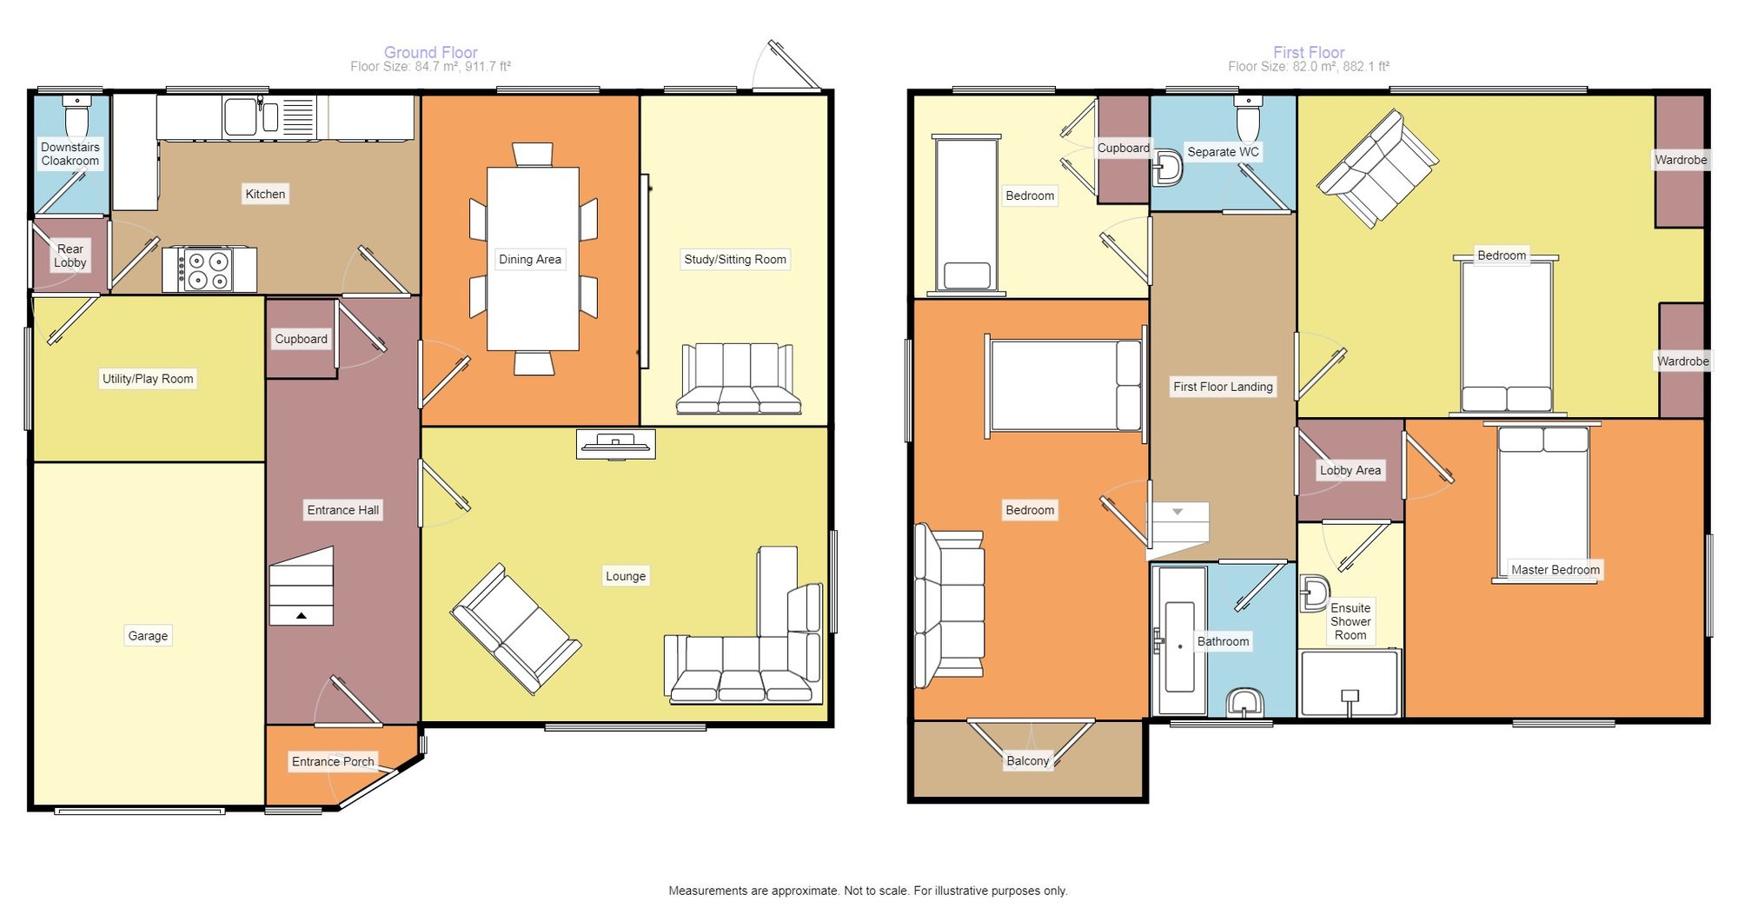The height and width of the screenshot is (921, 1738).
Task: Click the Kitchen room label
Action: point(265,194)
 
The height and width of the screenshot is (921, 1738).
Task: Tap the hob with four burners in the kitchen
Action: point(209,270)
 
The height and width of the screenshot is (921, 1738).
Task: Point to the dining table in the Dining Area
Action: point(533,258)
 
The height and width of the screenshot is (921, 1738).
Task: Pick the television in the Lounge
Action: point(615,445)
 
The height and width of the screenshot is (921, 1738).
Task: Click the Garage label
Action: point(148,635)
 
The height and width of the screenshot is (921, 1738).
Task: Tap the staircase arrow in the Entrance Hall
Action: point(301,615)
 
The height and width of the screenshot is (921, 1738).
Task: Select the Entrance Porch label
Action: point(333,761)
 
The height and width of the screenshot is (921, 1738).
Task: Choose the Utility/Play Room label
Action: point(148,378)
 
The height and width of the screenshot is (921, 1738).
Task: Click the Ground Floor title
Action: point(431,52)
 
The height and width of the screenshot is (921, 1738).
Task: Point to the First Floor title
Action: point(1309,52)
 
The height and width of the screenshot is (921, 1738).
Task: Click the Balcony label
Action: point(1028,760)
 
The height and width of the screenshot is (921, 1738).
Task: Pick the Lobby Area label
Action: point(1350,470)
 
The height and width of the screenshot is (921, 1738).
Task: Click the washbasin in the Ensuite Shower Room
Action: point(1314,593)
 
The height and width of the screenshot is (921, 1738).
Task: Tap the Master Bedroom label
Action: point(1556,570)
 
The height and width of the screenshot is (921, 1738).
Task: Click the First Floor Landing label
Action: point(1223,387)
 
